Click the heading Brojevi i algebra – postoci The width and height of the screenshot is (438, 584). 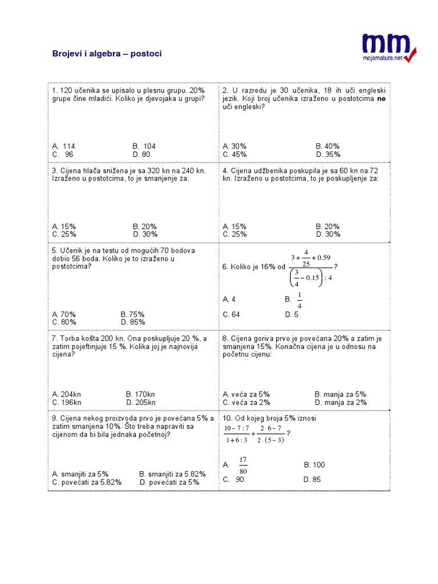click(x=107, y=54)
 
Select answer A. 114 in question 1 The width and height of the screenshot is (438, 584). click(x=63, y=146)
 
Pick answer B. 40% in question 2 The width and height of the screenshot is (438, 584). click(x=327, y=146)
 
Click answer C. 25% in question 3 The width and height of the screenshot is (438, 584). click(x=64, y=234)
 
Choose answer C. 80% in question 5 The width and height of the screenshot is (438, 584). click(x=64, y=322)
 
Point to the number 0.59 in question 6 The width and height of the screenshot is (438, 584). click(x=322, y=257)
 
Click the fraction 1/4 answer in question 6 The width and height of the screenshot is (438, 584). click(x=299, y=299)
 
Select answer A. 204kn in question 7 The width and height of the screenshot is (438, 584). click(x=67, y=394)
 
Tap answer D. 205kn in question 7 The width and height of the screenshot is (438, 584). click(x=140, y=402)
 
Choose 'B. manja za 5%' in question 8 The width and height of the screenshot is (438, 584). click(x=340, y=394)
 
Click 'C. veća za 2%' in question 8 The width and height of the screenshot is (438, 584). click(x=246, y=402)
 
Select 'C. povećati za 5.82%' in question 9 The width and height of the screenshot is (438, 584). click(x=87, y=482)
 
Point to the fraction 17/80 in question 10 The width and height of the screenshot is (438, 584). click(x=244, y=465)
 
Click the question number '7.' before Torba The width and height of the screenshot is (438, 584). click(x=55, y=339)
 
